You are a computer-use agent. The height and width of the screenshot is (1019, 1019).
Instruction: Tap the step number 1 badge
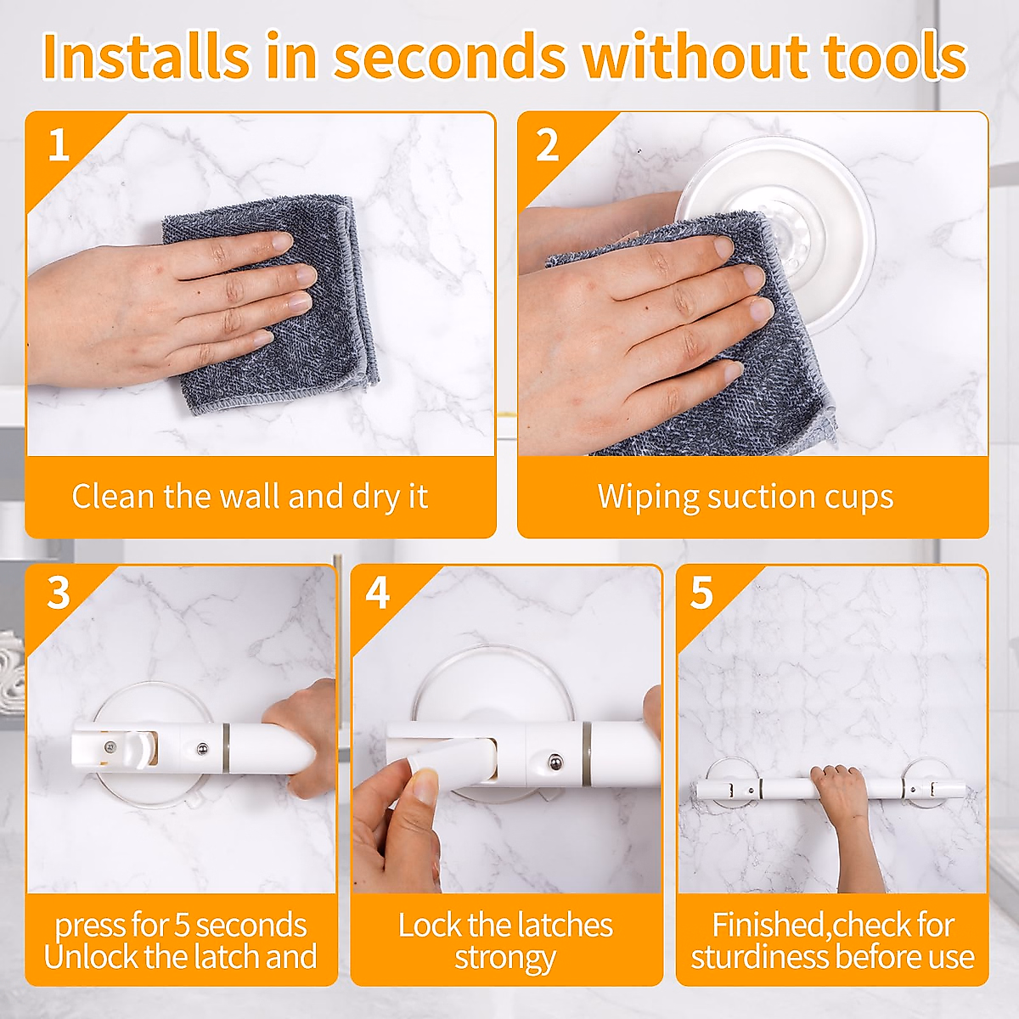click(x=58, y=145)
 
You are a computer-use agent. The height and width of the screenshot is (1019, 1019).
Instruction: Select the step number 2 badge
click(x=548, y=145)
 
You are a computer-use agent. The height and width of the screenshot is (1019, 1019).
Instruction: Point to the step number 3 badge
click(x=58, y=593)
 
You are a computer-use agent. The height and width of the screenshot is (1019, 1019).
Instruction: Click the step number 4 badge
click(x=378, y=593)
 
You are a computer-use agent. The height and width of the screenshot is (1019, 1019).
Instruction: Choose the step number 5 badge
click(x=701, y=593)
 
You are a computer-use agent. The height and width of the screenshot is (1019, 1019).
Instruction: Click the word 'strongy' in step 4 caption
click(x=505, y=958)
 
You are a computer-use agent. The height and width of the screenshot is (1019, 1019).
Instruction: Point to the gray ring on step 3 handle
click(x=227, y=747)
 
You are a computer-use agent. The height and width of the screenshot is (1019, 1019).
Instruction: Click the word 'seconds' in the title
click(x=449, y=56)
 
